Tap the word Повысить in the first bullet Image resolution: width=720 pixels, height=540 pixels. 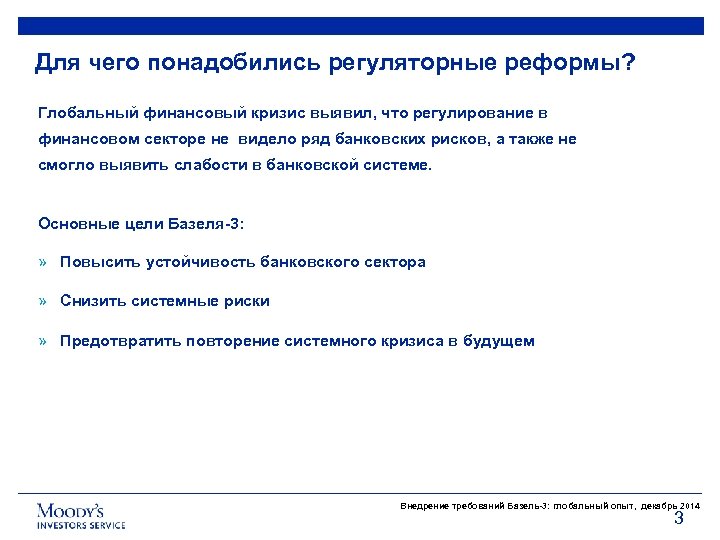pyautogui.click(x=99, y=262)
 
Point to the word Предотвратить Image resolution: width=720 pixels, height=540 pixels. pyautogui.click(x=121, y=341)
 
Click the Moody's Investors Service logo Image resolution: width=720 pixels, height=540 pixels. pyautogui.click(x=81, y=515)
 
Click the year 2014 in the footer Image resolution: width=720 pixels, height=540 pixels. pyautogui.click(x=689, y=506)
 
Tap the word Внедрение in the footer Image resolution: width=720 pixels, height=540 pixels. pyautogui.click(x=422, y=506)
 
